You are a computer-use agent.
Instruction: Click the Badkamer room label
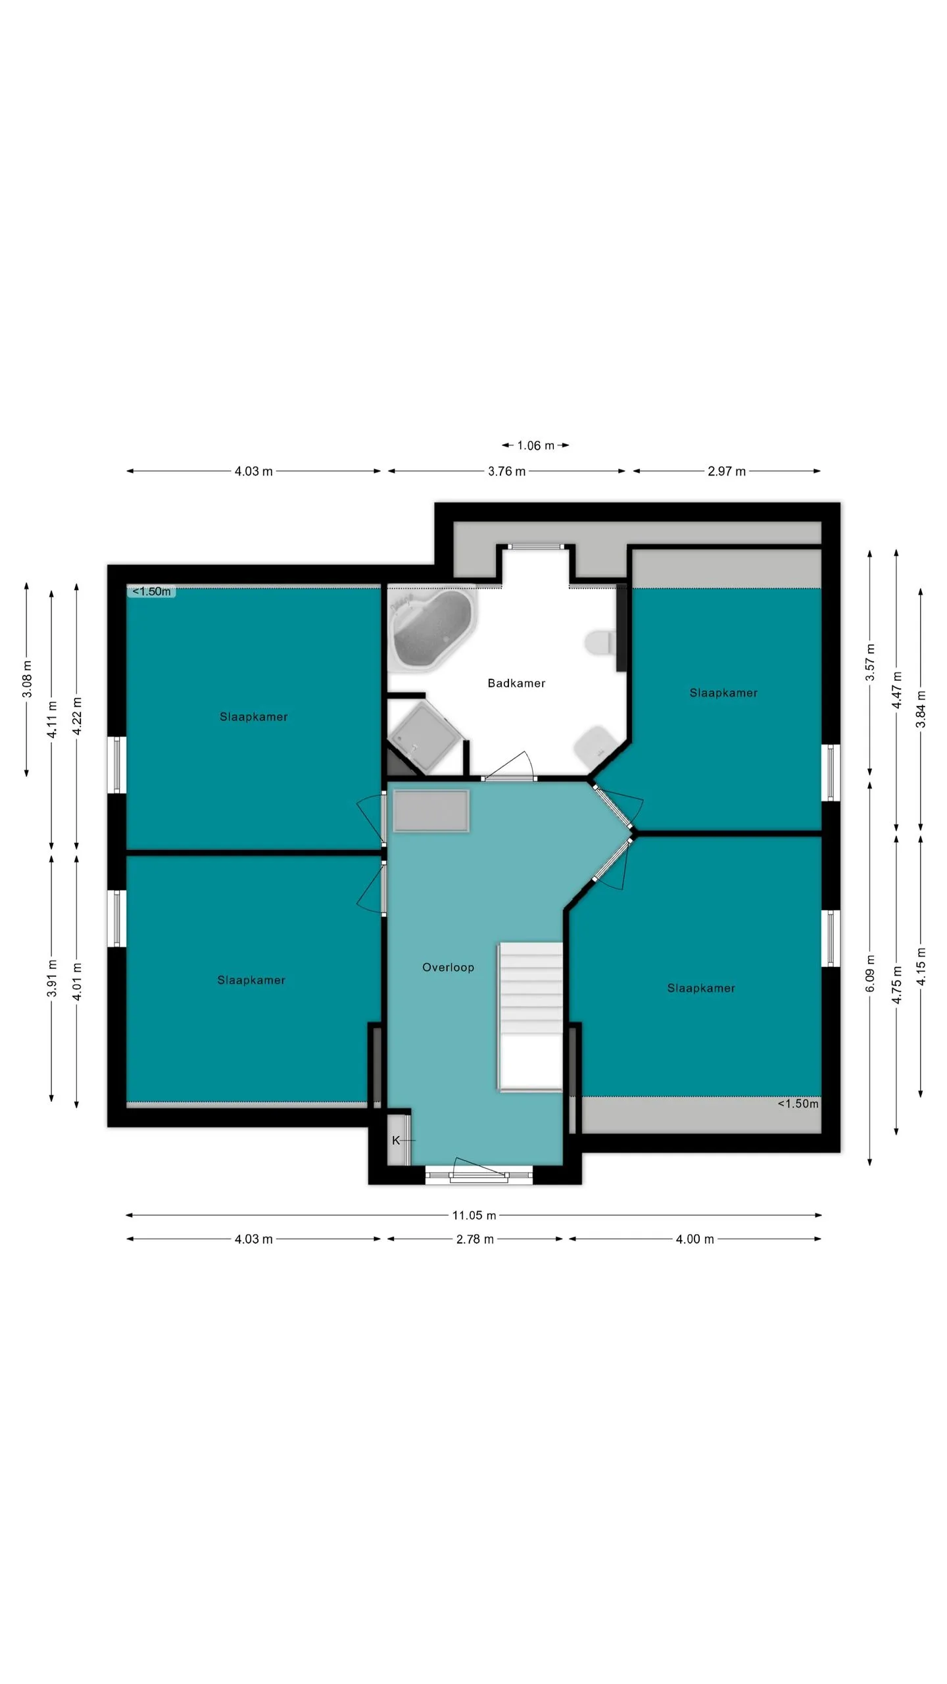click(516, 683)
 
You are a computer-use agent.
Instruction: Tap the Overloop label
click(448, 967)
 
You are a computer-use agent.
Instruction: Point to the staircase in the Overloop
click(531, 1017)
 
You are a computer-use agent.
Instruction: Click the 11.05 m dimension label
click(474, 1215)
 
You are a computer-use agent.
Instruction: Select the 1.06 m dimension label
click(535, 445)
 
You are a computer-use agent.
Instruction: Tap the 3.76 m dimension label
click(506, 471)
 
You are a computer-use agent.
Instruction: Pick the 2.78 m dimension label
click(475, 1239)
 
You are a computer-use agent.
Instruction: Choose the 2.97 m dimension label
click(727, 471)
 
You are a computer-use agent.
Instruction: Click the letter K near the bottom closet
click(396, 1140)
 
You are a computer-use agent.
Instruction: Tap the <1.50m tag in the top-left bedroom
click(151, 591)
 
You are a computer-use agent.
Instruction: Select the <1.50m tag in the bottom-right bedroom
click(798, 1103)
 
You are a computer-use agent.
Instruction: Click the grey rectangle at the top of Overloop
click(431, 811)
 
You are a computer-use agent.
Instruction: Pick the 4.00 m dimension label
click(694, 1239)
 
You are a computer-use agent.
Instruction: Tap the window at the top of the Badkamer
click(537, 546)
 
